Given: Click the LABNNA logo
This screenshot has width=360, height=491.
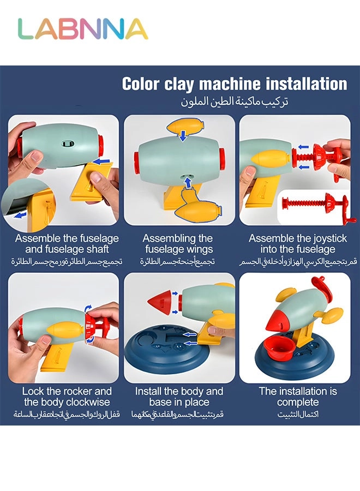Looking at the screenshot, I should point(82,29).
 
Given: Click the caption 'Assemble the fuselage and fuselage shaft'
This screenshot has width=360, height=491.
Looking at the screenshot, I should point(66,244).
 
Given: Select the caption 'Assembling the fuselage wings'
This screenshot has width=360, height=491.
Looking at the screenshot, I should point(178,244).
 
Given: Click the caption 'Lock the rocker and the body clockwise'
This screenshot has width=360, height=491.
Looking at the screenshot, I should point(66,397).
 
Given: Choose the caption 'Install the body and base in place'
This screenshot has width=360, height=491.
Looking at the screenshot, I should point(179,397).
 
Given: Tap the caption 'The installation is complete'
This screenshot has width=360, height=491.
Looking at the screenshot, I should point(298,397).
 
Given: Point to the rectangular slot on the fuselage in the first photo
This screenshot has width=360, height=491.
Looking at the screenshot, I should point(68,143).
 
